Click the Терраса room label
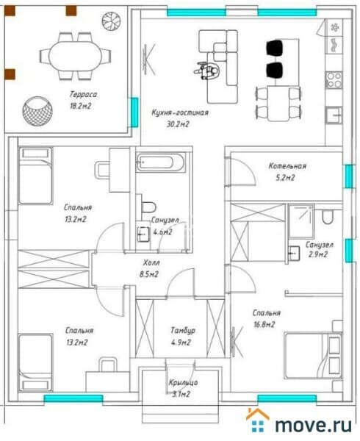(83, 94)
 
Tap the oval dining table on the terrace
(75, 57)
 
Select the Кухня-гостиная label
(180, 112)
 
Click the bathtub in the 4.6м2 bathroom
(161, 162)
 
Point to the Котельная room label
(287, 166)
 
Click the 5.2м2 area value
(285, 178)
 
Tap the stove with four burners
(334, 80)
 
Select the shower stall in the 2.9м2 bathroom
(300, 221)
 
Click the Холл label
(151, 262)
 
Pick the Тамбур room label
(183, 331)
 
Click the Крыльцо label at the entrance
(183, 382)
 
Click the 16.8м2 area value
(264, 325)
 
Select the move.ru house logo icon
(258, 420)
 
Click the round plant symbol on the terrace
(112, 21)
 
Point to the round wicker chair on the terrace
(37, 112)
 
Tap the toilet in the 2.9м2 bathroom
(328, 217)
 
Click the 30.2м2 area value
(178, 124)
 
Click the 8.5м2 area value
(149, 274)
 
